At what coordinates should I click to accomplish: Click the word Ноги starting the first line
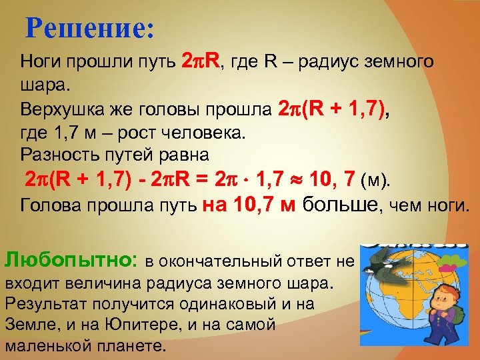[41, 64]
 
